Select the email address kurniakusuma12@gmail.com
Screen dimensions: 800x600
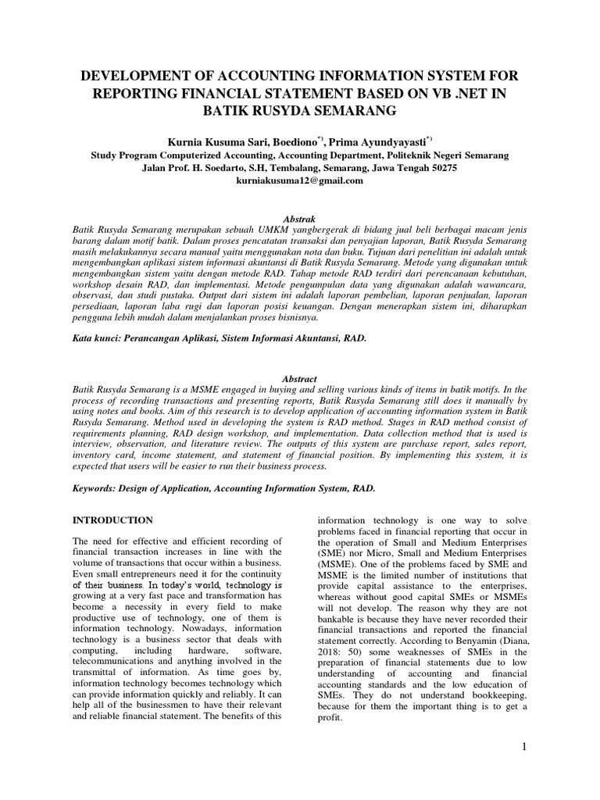(x=300, y=180)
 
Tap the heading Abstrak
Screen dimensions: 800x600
(x=300, y=220)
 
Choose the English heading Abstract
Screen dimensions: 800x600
(x=300, y=378)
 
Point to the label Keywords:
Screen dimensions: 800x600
(x=95, y=487)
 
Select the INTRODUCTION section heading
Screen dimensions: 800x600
(x=112, y=520)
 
